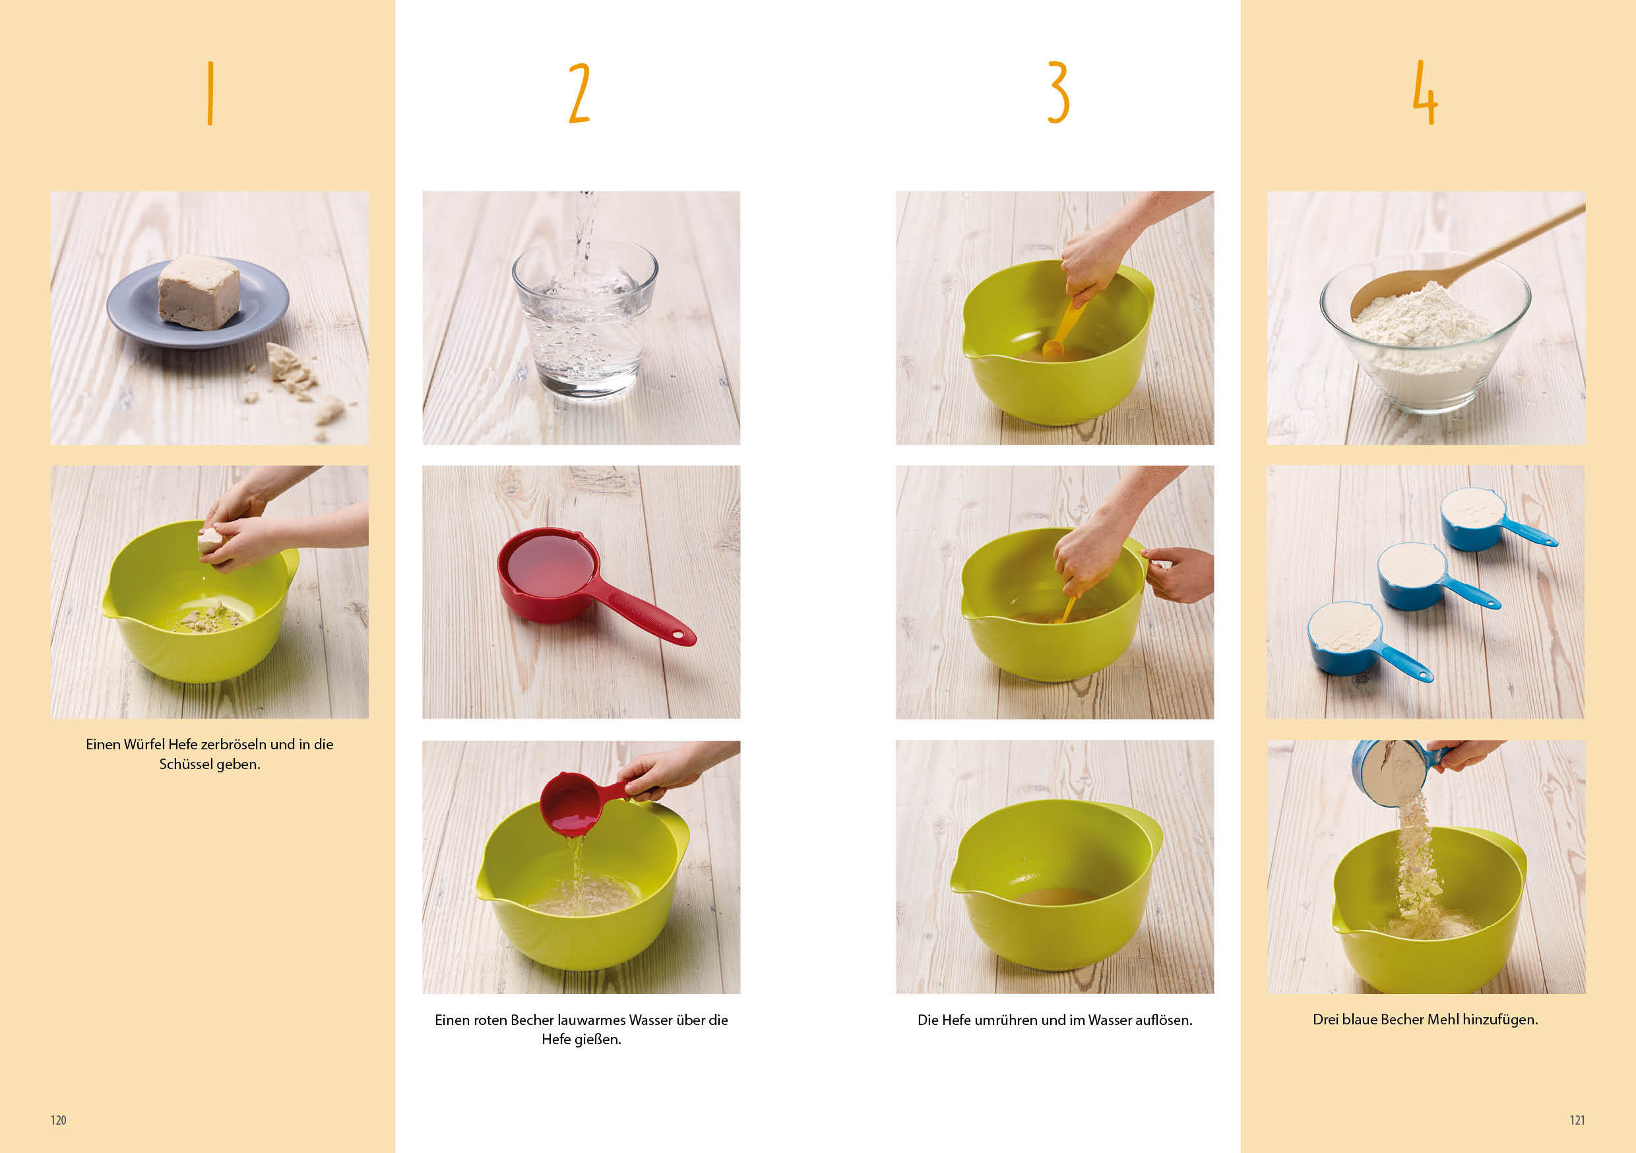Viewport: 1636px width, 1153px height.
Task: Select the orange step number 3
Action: click(1059, 92)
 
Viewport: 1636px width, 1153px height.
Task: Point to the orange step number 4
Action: click(1425, 92)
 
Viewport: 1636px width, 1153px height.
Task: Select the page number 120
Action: click(59, 1121)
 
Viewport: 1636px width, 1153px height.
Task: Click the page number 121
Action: click(1577, 1121)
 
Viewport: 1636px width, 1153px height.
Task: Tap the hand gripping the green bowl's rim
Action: click(1178, 573)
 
